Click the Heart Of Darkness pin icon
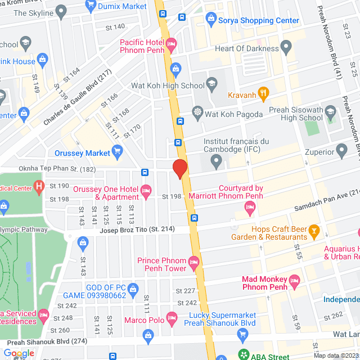[286, 46]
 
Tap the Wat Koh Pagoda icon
[197, 111]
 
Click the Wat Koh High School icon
[211, 84]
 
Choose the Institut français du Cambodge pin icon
[217, 163]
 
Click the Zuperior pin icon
[341, 150]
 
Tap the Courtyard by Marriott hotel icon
[250, 209]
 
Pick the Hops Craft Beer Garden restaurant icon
[314, 229]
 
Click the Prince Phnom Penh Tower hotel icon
[194, 261]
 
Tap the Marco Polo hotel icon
[172, 321]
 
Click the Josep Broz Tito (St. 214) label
[137, 229]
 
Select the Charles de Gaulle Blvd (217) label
[79, 98]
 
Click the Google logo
[19, 353]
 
